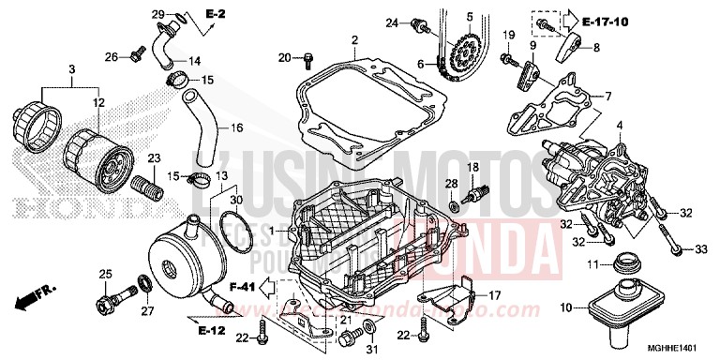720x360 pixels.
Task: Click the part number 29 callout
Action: click(157, 13)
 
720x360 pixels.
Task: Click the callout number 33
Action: click(700, 248)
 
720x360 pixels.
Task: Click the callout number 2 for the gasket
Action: click(355, 40)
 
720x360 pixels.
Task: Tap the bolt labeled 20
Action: click(307, 62)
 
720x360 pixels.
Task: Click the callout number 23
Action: click(154, 157)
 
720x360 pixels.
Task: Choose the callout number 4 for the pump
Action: click(619, 125)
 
